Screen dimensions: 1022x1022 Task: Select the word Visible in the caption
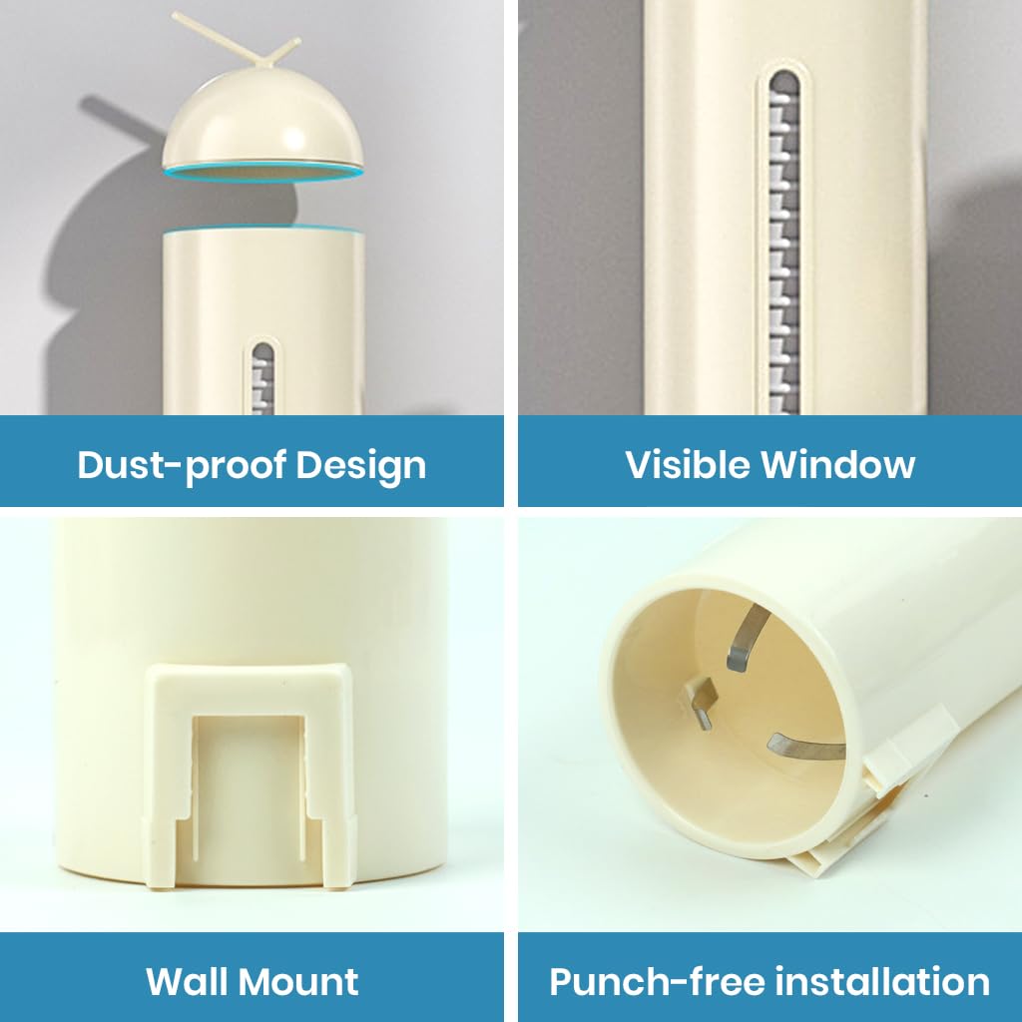pyautogui.click(x=687, y=464)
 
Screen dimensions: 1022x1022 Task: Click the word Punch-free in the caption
pyautogui.click(x=646, y=981)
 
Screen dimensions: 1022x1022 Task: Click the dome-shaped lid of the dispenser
pyautogui.click(x=263, y=125)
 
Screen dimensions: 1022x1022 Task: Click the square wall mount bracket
pyautogui.click(x=250, y=773)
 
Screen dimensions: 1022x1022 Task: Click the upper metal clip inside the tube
pyautogui.click(x=746, y=640)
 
